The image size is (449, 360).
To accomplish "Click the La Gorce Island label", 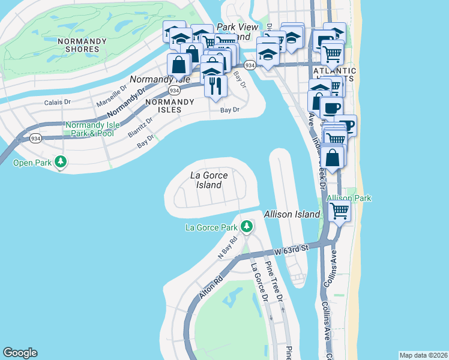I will click(206, 180).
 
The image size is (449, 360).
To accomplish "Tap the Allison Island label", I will click(292, 214).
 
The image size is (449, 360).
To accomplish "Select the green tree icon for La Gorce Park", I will click(246, 226).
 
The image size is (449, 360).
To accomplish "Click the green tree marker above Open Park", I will click(61, 161).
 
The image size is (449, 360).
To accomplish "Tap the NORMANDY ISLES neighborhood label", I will click(169, 106).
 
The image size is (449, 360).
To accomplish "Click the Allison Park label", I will click(349, 198).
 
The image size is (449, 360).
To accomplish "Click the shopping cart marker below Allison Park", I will click(340, 211).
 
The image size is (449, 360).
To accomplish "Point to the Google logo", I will click(20, 353).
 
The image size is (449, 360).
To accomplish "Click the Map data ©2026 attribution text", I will click(423, 355).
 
